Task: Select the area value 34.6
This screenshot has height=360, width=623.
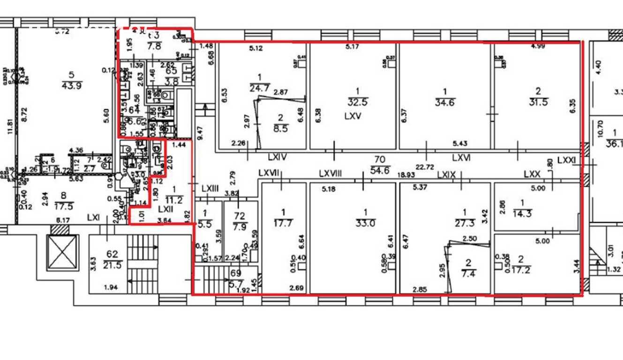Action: point(444,102)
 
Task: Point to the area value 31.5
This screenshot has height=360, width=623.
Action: point(538,102)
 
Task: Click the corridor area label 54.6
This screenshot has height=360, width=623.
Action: point(380,171)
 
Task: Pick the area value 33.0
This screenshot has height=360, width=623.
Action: point(366,224)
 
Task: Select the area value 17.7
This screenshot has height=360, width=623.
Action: point(283,223)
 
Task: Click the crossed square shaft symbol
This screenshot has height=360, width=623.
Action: point(62,252)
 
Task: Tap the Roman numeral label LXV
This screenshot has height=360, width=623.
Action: point(353,116)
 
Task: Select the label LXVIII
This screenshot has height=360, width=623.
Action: point(331,173)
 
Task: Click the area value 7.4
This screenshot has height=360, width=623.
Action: point(468,273)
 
